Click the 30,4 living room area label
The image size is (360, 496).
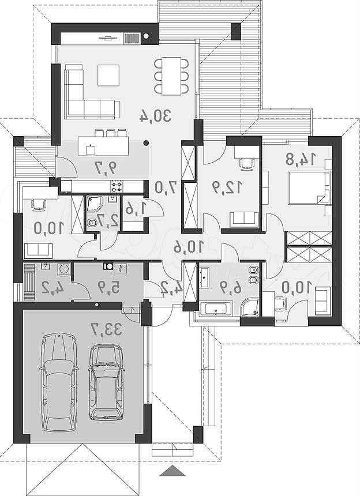(x=156, y=116)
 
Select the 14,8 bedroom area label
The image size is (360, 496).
(x=301, y=159)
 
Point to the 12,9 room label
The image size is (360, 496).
(x=227, y=187)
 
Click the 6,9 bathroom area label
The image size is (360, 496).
(x=230, y=288)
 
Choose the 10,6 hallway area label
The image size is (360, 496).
(x=189, y=247)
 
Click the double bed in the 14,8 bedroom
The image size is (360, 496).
(x=309, y=187)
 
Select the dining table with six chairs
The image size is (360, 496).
(x=171, y=76)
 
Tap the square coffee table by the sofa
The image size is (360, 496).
(x=108, y=75)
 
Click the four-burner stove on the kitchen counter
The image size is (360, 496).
(x=116, y=186)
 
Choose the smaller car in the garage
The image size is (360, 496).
(x=106, y=382)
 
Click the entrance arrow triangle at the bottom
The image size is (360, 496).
(x=172, y=471)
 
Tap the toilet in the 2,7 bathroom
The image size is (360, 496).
(x=92, y=223)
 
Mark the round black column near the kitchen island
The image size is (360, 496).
(x=146, y=142)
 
